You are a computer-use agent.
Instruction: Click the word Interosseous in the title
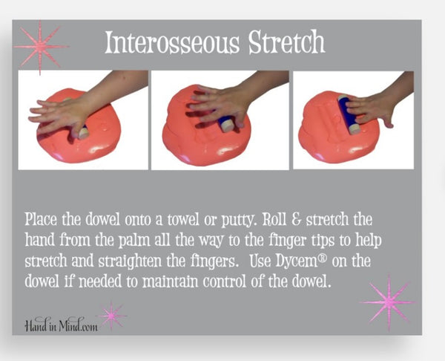[172, 42]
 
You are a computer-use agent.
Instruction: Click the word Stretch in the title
[286, 42]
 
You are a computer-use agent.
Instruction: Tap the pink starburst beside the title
[41, 47]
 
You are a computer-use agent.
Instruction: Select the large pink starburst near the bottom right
[389, 302]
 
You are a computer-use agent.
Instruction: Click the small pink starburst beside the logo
[111, 316]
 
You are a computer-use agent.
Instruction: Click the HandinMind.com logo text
[61, 325]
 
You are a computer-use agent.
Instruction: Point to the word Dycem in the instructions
[296, 261]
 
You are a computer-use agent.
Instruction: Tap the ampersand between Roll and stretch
[296, 219]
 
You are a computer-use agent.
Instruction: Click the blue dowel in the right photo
[349, 115]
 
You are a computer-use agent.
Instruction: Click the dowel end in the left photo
[83, 133]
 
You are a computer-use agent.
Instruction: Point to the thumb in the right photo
[386, 120]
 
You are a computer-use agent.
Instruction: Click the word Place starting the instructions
[41, 219]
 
